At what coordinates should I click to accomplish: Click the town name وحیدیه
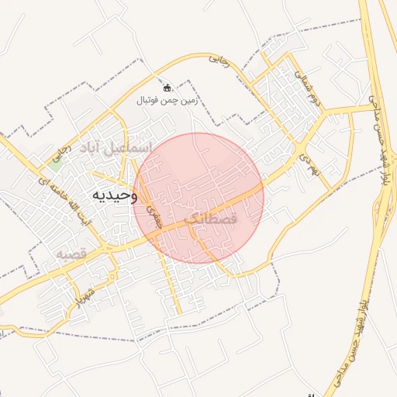pos(115,195)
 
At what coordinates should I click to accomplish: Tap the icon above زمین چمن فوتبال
pos(167,87)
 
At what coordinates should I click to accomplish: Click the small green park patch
pos(55,159)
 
